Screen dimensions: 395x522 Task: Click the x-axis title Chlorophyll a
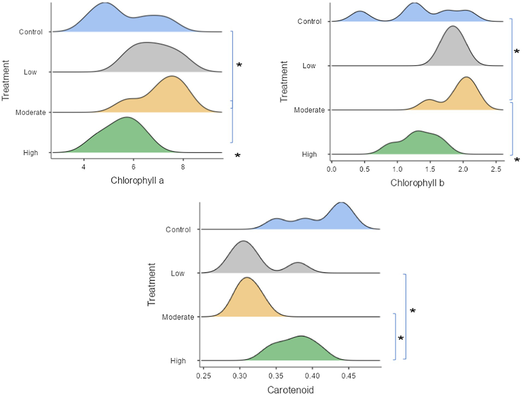pos(137,180)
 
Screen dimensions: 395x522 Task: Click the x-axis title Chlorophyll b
pos(417,183)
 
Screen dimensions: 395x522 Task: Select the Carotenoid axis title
pos(290,390)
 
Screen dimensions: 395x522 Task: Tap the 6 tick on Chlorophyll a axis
pos(133,167)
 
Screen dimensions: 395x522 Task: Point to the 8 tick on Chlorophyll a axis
pos(183,167)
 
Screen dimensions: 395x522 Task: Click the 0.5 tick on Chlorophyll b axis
pos(364,169)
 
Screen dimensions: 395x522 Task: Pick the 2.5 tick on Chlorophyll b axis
pos(496,169)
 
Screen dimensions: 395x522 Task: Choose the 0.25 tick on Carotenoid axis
pos(203,376)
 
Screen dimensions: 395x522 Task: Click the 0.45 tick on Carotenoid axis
pos(349,376)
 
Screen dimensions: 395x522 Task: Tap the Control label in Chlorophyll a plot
pos(31,32)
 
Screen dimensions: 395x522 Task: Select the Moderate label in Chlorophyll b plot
pos(309,110)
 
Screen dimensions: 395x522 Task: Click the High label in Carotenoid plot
pos(178,361)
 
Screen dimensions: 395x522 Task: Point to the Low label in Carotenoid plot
pos(178,273)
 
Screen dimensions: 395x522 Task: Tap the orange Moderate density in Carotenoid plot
pos(247,299)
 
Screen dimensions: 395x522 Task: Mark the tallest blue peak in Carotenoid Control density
pos(341,204)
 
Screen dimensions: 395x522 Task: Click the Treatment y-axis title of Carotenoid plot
pos(151,284)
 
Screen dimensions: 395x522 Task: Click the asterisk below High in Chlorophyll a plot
pos(238,156)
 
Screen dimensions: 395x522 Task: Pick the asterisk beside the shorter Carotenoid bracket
pos(401,339)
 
